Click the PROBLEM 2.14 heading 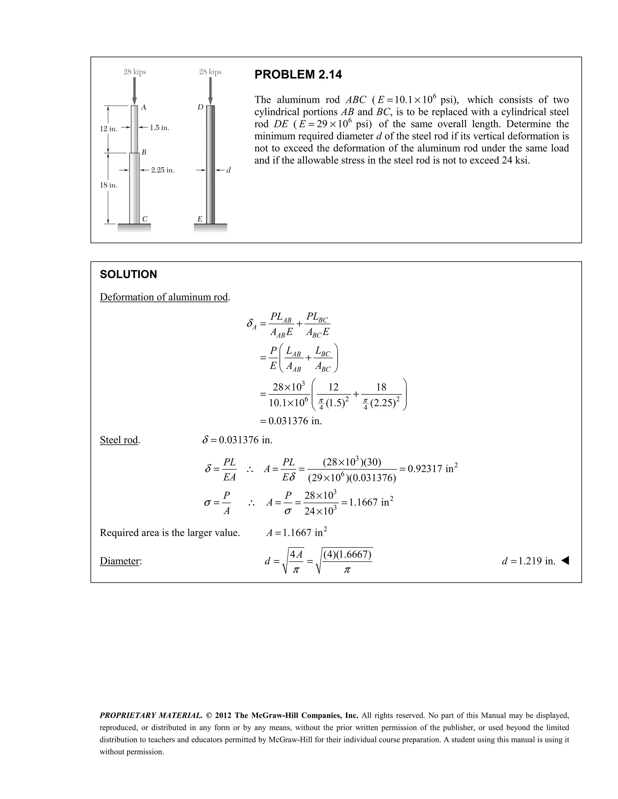tap(298, 75)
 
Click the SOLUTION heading tap(128, 274)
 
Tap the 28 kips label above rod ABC tap(135, 72)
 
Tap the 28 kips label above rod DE tap(210, 72)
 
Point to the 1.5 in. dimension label tap(159, 128)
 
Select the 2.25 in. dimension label tap(163, 170)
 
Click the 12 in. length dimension tap(108, 129)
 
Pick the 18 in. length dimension tap(108, 185)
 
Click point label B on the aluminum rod tap(144, 152)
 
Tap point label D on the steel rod tap(200, 108)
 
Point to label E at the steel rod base tap(200, 219)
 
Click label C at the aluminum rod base tap(145, 219)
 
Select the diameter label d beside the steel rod tap(228, 170)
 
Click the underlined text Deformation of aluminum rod tap(164, 297)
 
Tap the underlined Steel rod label tap(119, 440)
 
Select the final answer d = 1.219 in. tap(528, 561)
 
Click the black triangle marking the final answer tap(565, 560)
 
